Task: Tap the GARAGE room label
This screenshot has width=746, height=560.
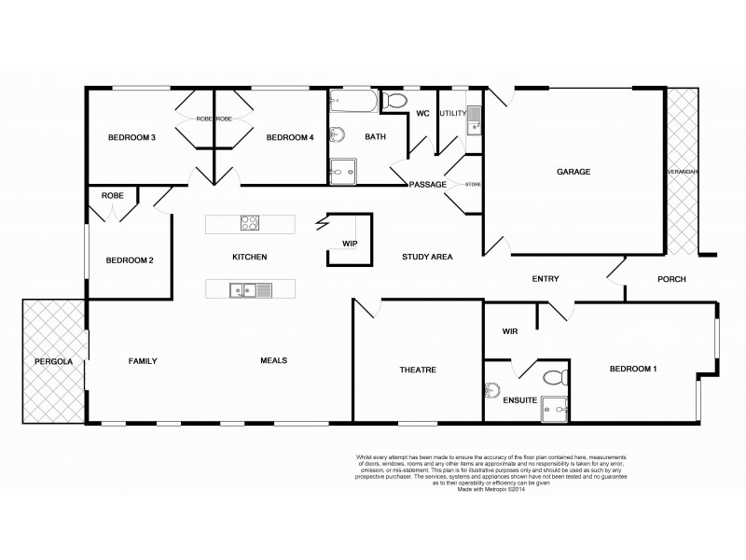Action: pos(575,173)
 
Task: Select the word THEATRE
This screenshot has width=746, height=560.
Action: pos(418,371)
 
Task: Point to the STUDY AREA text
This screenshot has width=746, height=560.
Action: pos(427,257)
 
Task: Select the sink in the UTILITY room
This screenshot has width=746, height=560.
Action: pos(474,118)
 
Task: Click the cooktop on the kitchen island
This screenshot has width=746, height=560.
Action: pos(251,223)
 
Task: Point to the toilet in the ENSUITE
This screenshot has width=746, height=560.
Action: pos(553,377)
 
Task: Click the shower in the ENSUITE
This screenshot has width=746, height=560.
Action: pos(557,406)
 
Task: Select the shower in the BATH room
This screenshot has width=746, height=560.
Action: pos(342,169)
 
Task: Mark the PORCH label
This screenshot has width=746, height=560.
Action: pos(671,279)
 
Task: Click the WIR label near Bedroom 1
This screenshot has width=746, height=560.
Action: pos(510,331)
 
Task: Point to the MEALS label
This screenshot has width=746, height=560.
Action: pos(273,360)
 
